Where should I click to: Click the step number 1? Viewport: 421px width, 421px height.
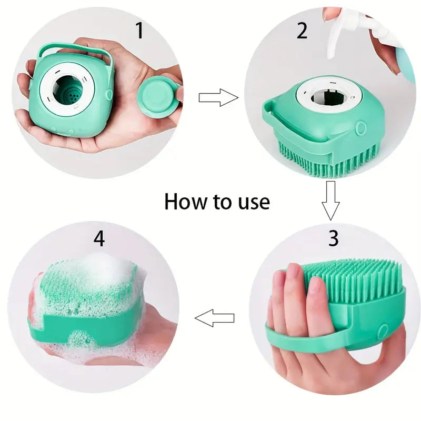tap(139, 31)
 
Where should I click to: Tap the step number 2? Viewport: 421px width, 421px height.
tap(302, 31)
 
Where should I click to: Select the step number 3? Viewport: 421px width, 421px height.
tap(333, 238)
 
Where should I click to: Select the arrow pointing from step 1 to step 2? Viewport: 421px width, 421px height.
tap(218, 97)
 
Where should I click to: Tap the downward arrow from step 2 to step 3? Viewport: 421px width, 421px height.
tap(331, 200)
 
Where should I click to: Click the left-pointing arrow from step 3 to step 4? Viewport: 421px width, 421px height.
tap(214, 318)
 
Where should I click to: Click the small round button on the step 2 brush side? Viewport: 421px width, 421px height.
tap(360, 128)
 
